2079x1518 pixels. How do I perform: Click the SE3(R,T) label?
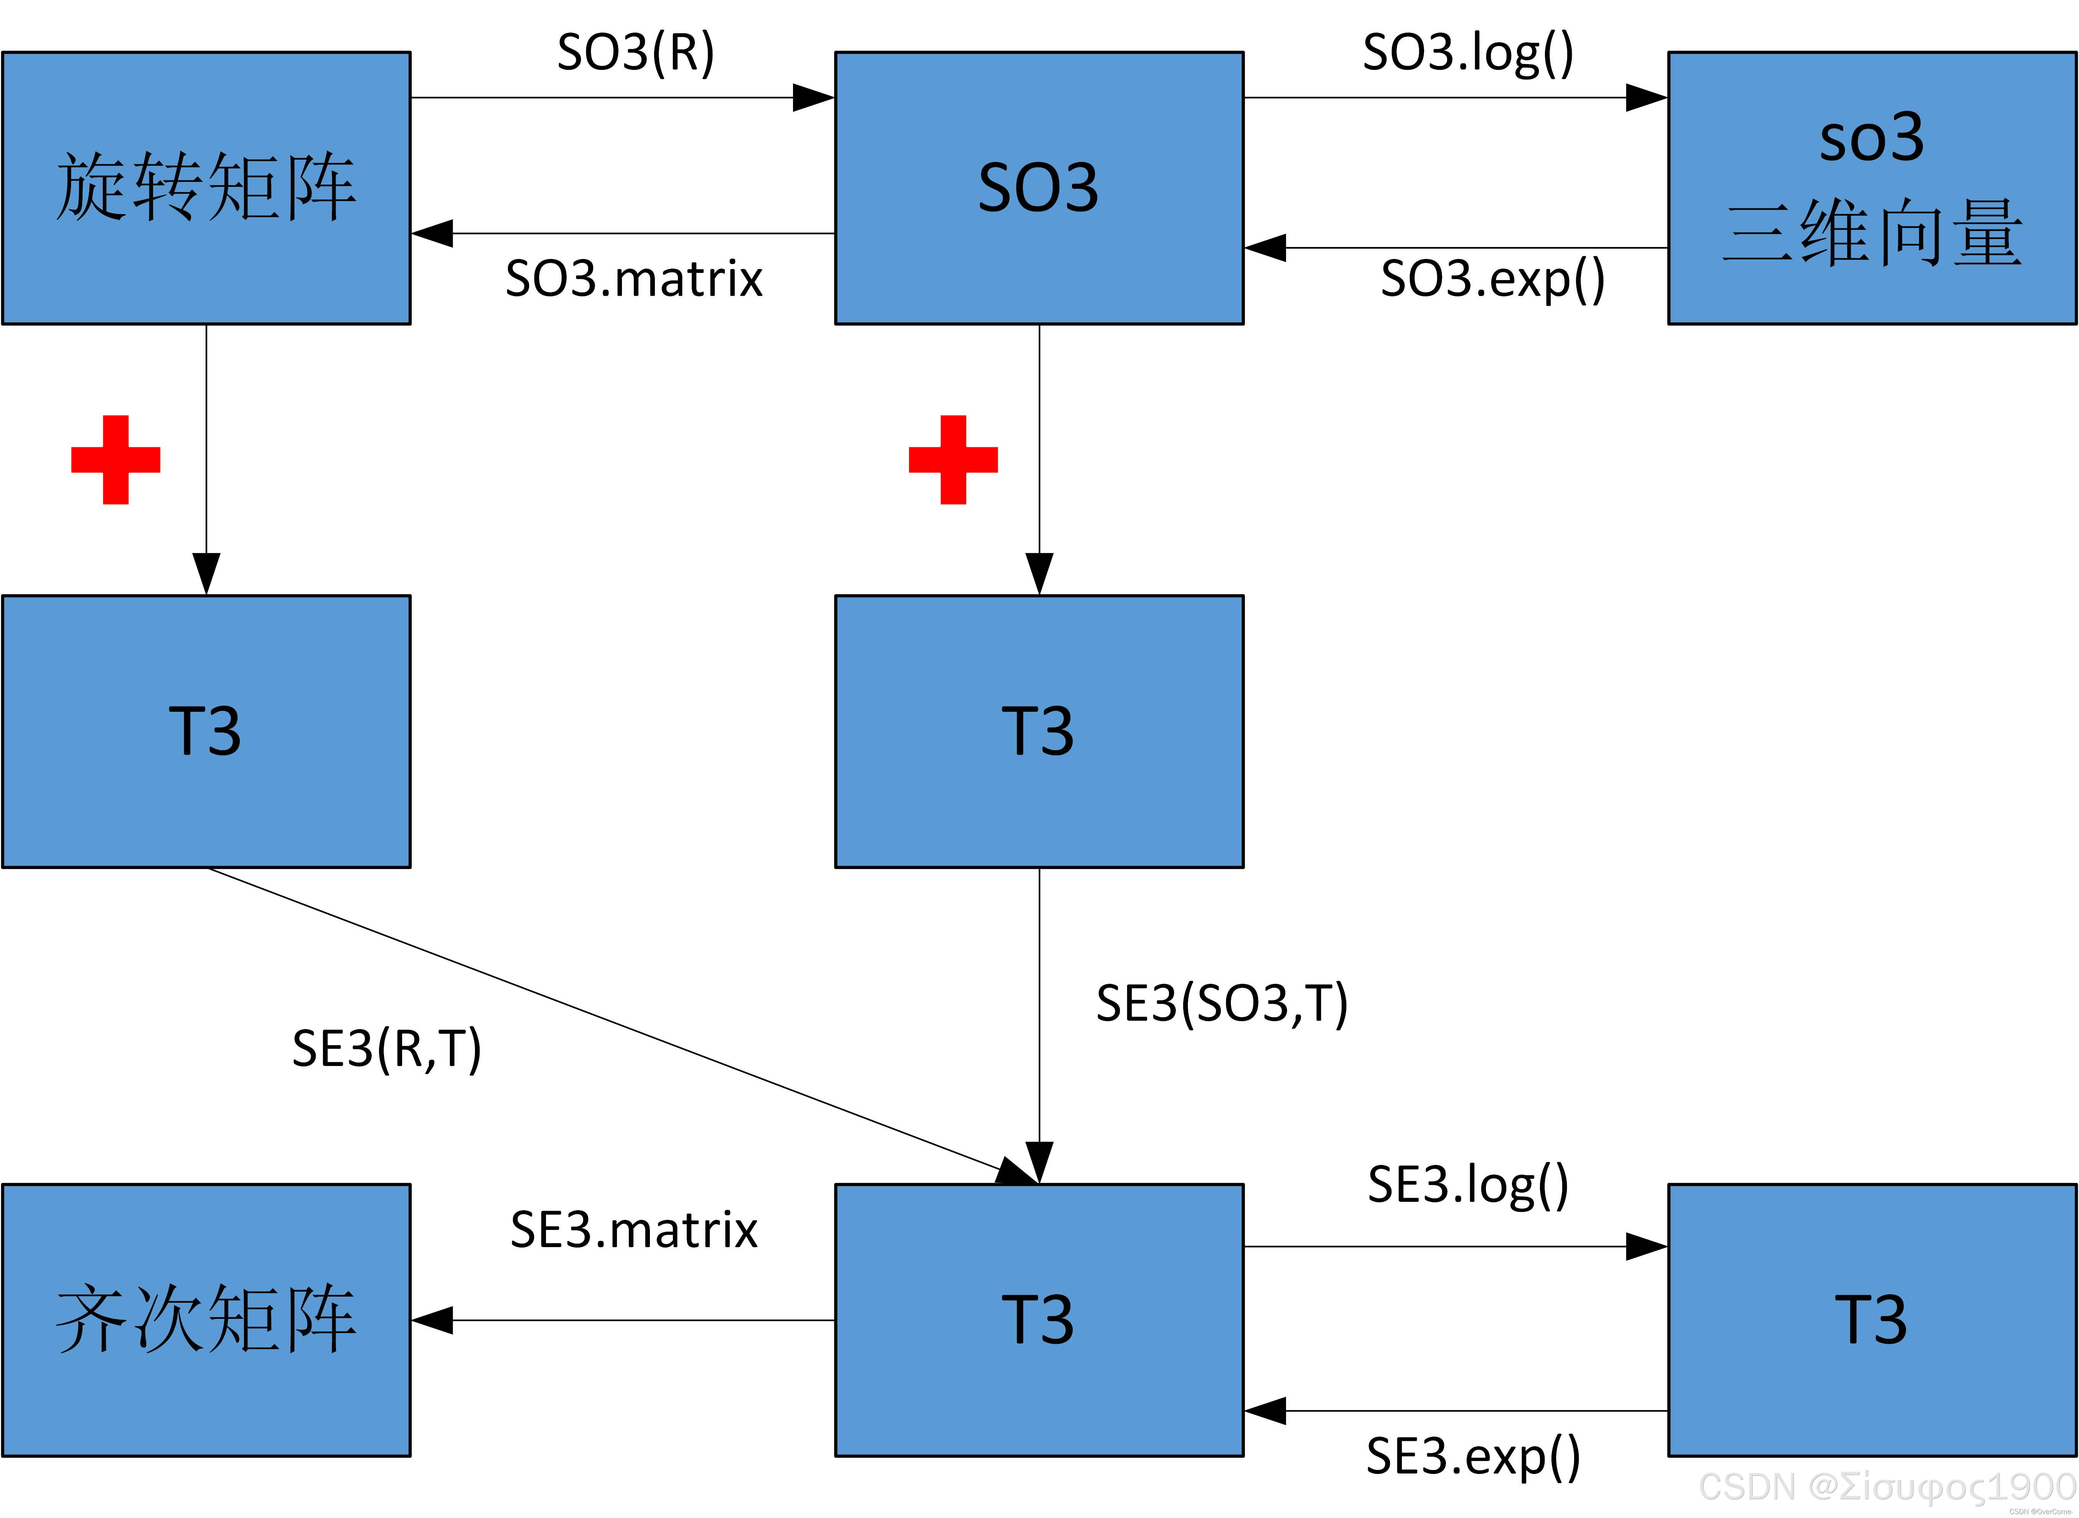(387, 1048)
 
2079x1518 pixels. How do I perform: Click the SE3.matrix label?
(634, 1229)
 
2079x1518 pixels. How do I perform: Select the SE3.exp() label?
(1473, 1457)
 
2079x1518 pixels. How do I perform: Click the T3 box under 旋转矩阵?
(206, 731)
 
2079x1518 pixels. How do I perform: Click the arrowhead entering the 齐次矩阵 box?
(432, 1320)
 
